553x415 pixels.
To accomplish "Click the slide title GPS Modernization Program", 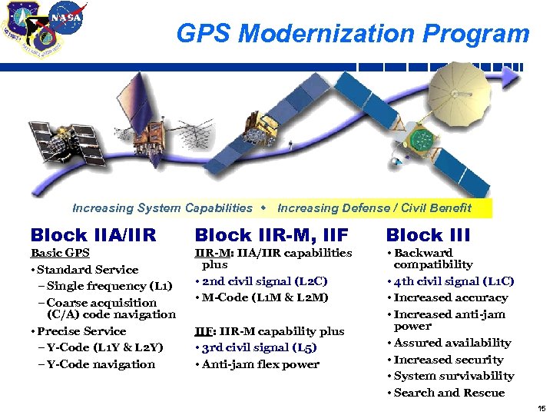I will [x=353, y=34].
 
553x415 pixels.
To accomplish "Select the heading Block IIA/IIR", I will [x=93, y=235].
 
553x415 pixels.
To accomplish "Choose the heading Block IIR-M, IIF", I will [x=271, y=235].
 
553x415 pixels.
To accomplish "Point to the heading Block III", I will [x=428, y=235].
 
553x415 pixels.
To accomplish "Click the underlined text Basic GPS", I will [x=60, y=253].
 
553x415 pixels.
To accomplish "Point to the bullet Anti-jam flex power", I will [x=260, y=364].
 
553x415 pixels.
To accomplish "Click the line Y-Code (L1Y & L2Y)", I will [x=104, y=347].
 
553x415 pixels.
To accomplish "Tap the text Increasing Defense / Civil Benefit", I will [x=374, y=208].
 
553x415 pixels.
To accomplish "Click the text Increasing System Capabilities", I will [x=162, y=208].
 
